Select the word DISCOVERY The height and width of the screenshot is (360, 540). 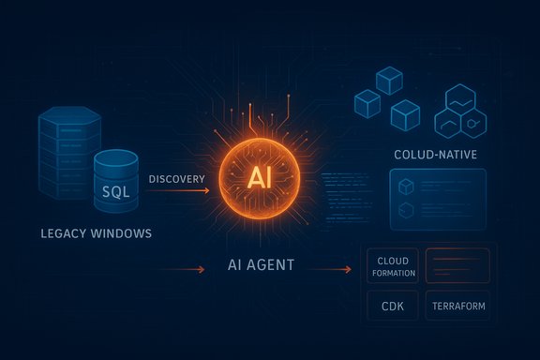pos(177,177)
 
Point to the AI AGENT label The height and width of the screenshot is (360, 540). pos(261,265)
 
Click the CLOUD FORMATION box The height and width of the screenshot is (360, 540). pos(393,265)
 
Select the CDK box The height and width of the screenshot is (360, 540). pos(393,307)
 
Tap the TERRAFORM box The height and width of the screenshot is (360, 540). pos(458,307)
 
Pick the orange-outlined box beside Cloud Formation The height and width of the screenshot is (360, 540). pos(458,265)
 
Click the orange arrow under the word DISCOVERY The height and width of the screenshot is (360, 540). pos(177,191)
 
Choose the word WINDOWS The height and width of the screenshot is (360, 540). pos(121,232)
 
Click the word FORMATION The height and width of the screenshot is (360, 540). pos(393,272)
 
